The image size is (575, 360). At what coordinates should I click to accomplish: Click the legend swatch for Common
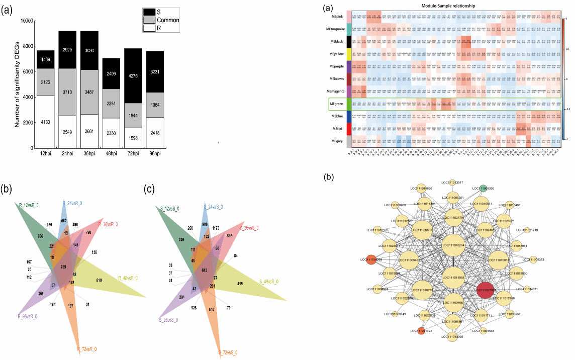tap(149, 20)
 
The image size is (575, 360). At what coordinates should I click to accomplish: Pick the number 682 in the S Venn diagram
tap(204, 270)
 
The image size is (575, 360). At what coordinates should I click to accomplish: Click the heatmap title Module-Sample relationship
tap(452, 6)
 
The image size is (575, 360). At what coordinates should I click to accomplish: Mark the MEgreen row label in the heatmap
tap(336, 104)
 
